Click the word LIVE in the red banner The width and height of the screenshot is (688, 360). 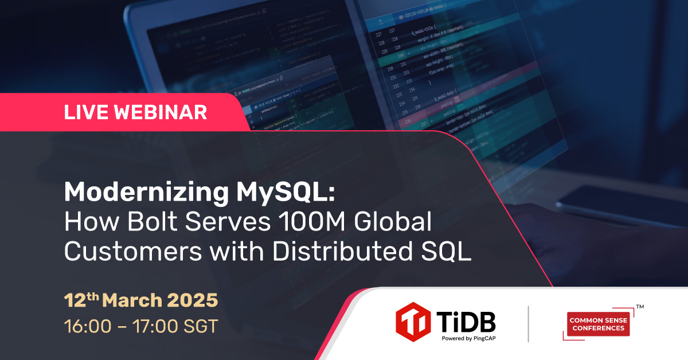tap(87, 112)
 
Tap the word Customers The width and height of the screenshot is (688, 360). tap(124, 252)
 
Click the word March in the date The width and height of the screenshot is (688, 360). tap(133, 300)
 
